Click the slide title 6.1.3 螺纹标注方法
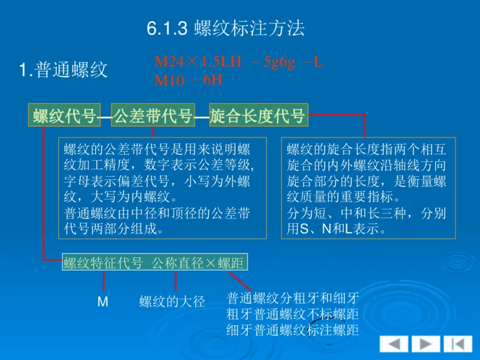(x=226, y=29)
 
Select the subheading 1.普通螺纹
(x=64, y=70)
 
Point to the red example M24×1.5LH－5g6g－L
(x=239, y=62)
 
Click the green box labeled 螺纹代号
(x=65, y=116)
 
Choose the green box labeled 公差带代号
(x=153, y=116)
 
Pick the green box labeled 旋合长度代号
(x=258, y=116)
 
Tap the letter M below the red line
(x=103, y=302)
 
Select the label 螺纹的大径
(x=172, y=302)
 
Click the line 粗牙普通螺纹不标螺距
(x=293, y=314)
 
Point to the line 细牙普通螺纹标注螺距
(x=293, y=329)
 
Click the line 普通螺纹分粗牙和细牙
(x=293, y=298)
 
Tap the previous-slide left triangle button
(x=394, y=344)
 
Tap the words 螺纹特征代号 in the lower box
(x=103, y=263)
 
